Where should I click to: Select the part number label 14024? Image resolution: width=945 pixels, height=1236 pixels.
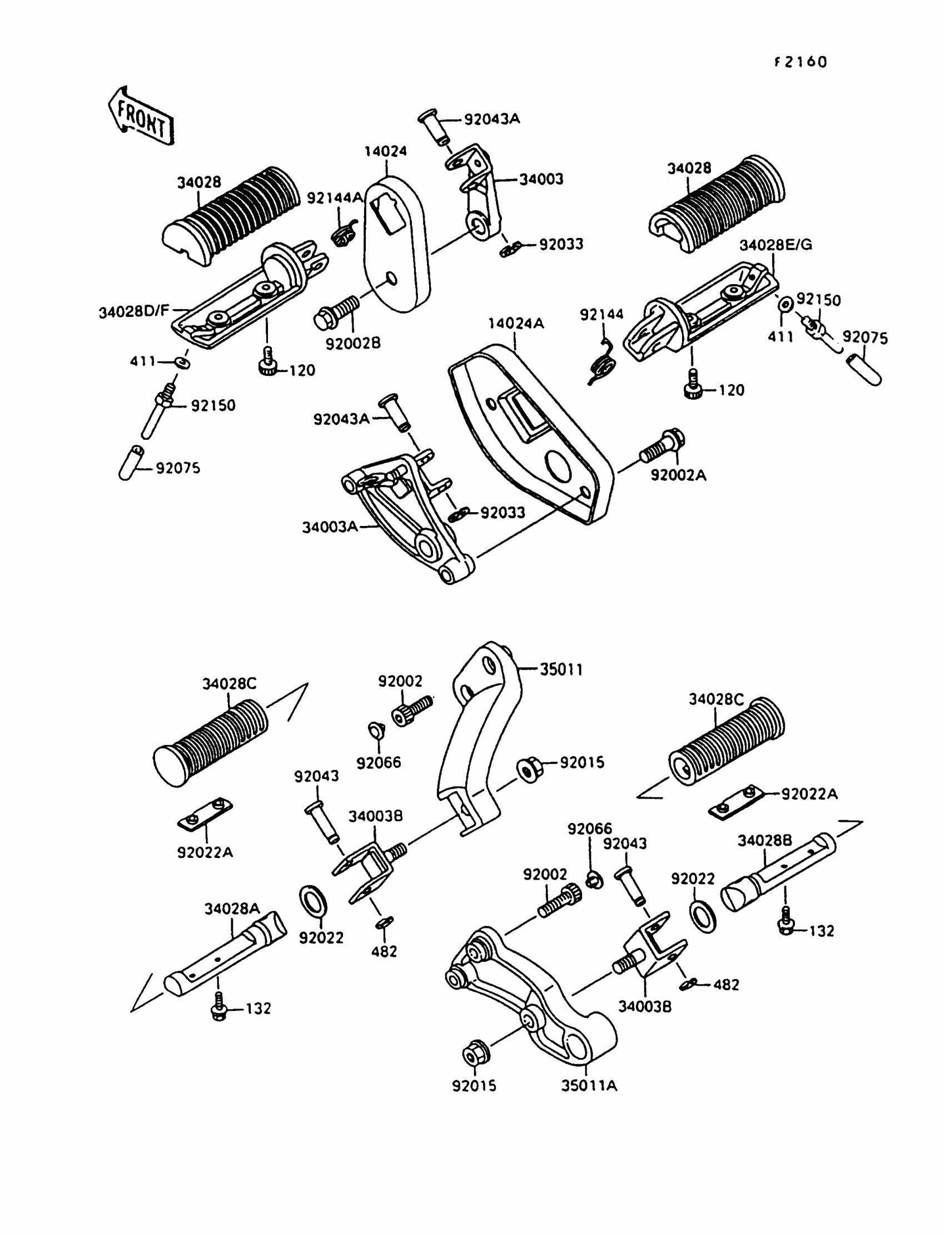(385, 151)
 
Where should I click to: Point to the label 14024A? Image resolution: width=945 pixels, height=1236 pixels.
(516, 324)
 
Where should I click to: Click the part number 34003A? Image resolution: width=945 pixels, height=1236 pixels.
(330, 527)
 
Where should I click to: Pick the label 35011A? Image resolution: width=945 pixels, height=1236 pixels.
(589, 1085)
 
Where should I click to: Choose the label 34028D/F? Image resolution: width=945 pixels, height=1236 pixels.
(134, 311)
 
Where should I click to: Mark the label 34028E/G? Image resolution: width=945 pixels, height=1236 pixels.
(775, 245)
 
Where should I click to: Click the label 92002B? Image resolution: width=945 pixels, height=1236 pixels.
(353, 343)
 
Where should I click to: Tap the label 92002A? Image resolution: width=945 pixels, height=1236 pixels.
(678, 475)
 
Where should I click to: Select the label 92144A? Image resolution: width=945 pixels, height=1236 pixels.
(335, 198)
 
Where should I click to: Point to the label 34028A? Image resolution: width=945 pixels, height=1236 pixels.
(232, 909)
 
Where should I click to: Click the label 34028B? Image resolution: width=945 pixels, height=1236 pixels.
(764, 841)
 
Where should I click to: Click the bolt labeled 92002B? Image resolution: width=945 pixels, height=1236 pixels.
(336, 313)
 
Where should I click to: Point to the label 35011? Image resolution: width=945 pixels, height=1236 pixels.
(561, 669)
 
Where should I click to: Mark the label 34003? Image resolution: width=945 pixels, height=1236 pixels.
(540, 179)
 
